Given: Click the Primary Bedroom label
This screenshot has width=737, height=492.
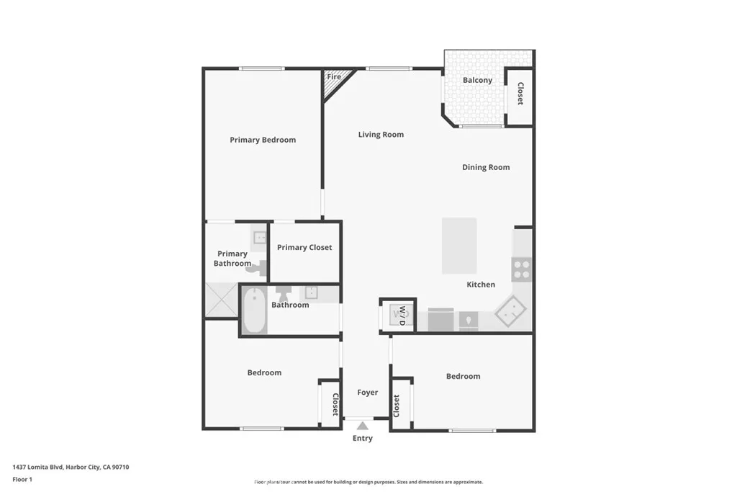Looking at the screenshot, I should click(x=263, y=140).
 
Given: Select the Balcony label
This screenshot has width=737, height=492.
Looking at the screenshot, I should click(x=477, y=80).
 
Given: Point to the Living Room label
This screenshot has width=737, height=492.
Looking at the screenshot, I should click(x=381, y=135).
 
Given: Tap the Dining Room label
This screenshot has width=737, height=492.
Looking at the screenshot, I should click(x=486, y=167).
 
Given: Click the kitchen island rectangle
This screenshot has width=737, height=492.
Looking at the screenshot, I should click(x=459, y=246).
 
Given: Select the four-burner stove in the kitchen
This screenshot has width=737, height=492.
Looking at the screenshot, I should click(x=521, y=269).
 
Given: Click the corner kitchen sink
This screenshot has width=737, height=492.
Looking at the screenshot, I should click(x=510, y=310).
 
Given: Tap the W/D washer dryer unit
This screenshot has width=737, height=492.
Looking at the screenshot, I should click(x=398, y=316).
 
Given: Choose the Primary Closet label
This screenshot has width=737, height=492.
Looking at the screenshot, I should click(x=304, y=247).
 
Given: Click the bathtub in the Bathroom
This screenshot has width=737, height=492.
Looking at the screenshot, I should click(x=254, y=310).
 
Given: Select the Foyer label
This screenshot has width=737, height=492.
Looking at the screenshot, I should click(x=367, y=393).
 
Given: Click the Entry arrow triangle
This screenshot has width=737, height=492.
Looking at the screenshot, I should click(x=363, y=426).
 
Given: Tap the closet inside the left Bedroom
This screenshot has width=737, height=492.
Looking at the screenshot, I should click(x=330, y=404).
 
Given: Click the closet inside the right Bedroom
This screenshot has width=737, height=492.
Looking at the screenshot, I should click(x=401, y=404).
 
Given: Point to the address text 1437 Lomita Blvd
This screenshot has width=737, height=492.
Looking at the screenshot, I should click(x=71, y=467).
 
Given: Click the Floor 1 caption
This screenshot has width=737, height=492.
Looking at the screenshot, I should click(x=22, y=479).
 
